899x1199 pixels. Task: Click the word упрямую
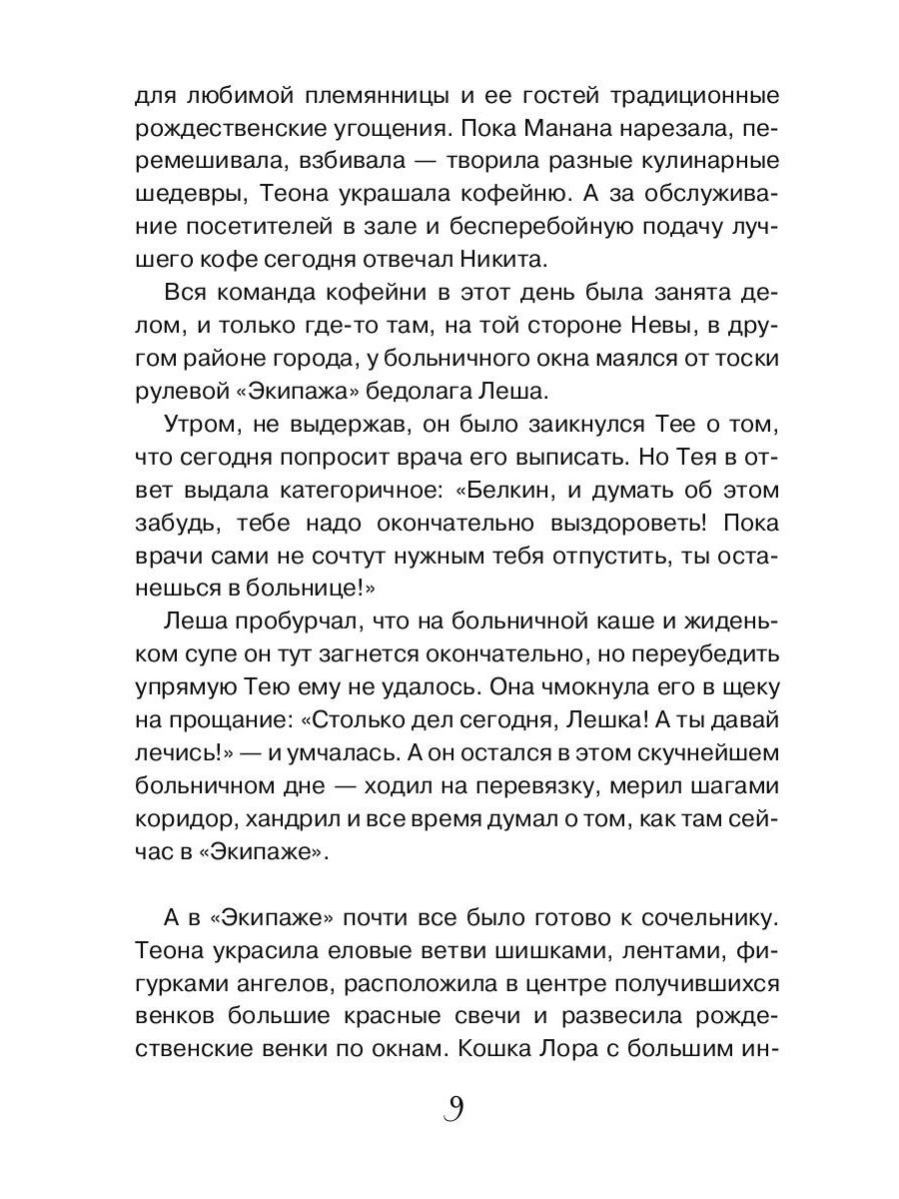tap(182, 684)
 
